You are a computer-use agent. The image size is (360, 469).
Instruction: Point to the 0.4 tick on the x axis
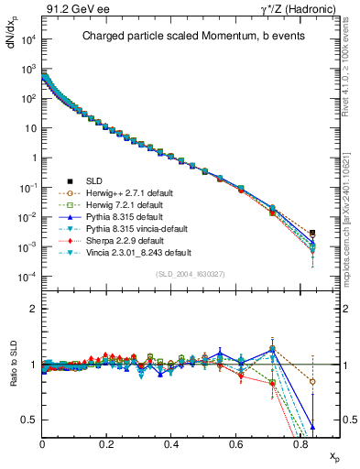[x=171, y=443]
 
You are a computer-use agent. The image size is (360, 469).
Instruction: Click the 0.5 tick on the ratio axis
[x=31, y=420]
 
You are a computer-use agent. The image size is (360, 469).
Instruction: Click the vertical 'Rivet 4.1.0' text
[x=352, y=64]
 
